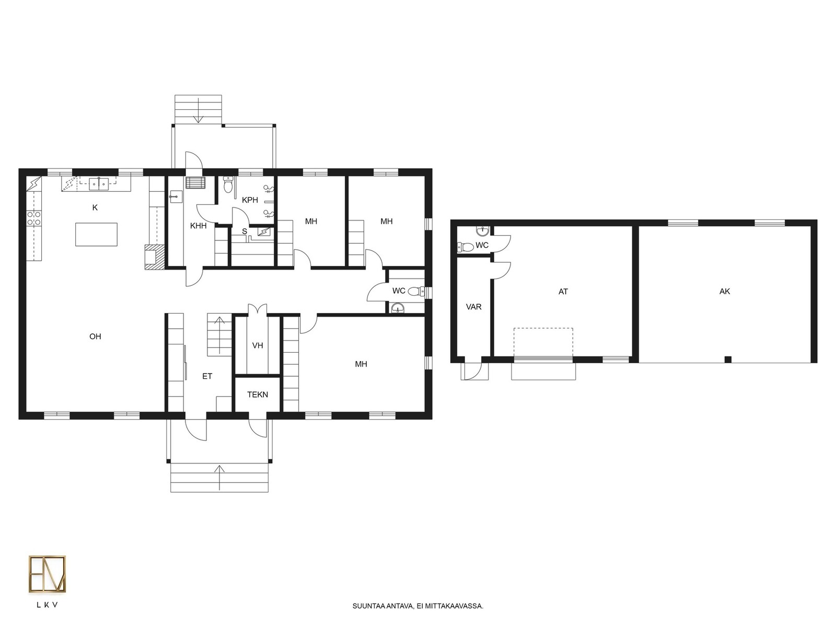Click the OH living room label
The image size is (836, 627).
[x=95, y=336]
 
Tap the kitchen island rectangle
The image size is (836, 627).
[x=96, y=235]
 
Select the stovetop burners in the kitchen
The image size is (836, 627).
[x=34, y=218]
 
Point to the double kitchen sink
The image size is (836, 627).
[x=99, y=184]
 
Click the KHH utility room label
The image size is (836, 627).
[x=198, y=226]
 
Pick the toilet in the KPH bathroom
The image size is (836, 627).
[x=228, y=184]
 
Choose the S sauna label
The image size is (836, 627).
[x=245, y=231]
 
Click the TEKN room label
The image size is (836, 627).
[x=258, y=394]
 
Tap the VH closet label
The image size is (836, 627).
[x=258, y=346]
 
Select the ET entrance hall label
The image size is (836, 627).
[x=207, y=377]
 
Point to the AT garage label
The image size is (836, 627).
[x=563, y=292]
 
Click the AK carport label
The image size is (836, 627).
[x=724, y=292]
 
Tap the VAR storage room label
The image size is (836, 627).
[x=474, y=307]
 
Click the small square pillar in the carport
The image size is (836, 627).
[x=728, y=359]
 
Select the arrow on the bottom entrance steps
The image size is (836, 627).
[x=219, y=478]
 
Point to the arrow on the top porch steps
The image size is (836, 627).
[x=198, y=110]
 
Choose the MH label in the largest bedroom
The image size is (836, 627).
[x=361, y=364]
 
